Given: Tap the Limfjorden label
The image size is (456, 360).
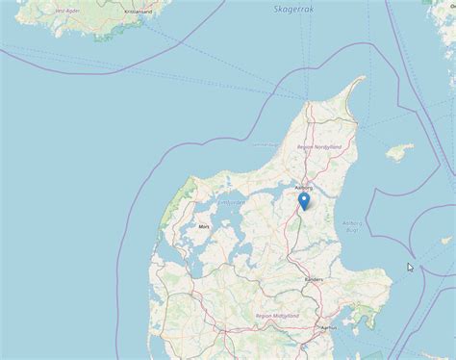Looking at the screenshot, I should [x=231, y=203].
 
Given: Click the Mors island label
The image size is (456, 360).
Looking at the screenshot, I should [x=203, y=226].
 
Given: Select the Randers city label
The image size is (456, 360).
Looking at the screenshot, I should [x=315, y=279].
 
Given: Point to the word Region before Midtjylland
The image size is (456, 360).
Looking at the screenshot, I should [x=264, y=315].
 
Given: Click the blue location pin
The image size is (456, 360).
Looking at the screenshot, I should [x=304, y=200].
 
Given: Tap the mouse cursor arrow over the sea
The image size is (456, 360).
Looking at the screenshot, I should [x=411, y=268].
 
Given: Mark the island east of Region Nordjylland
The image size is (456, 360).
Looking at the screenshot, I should [x=396, y=152].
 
